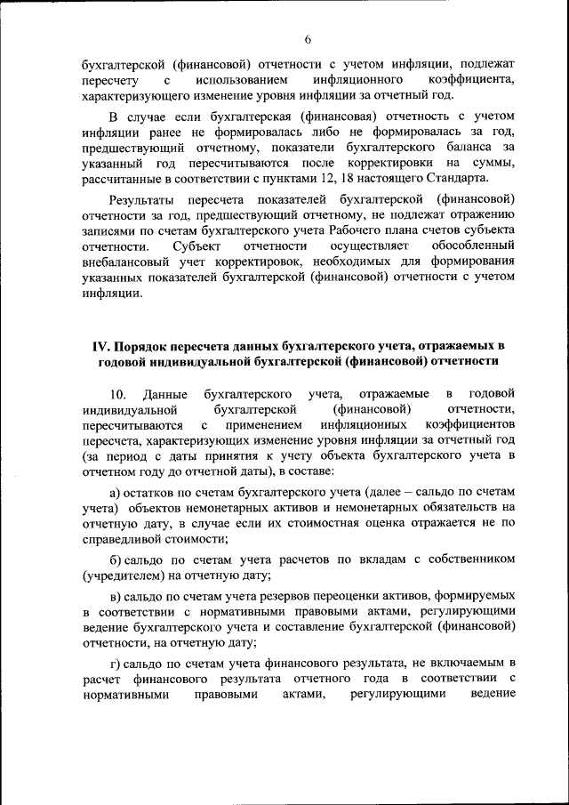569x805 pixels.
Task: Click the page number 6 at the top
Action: [x=306, y=39]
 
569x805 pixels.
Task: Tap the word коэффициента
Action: [x=470, y=80]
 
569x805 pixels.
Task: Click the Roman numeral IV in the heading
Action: [x=100, y=344]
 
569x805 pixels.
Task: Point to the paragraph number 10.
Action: [x=118, y=393]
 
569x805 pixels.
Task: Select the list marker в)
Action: [x=115, y=595]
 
